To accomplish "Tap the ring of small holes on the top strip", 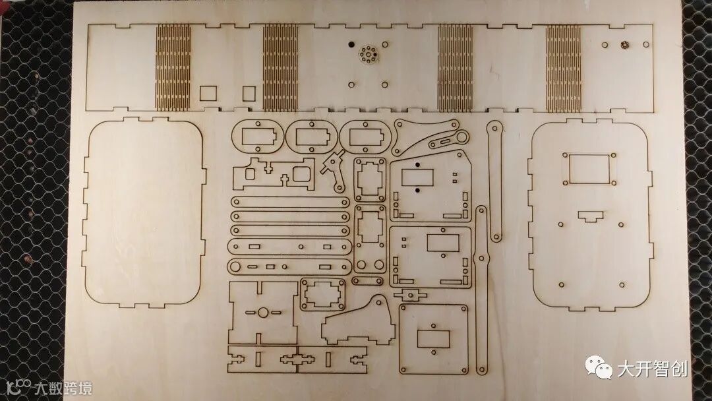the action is pyautogui.click(x=367, y=54).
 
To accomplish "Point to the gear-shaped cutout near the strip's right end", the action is pyautogui.click(x=623, y=44).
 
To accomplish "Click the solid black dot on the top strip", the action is pyautogui.click(x=350, y=44).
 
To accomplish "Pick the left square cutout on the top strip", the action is pyautogui.click(x=208, y=92).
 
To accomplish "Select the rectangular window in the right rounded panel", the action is pyautogui.click(x=589, y=169).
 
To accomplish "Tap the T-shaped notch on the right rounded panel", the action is pyautogui.click(x=591, y=216).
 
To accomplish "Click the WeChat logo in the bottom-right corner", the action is pyautogui.click(x=599, y=368).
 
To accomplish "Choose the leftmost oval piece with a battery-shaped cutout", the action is pyautogui.click(x=258, y=138).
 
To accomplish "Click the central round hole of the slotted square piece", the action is pyautogui.click(x=262, y=312).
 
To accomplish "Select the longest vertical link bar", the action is pyautogui.click(x=483, y=290).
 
